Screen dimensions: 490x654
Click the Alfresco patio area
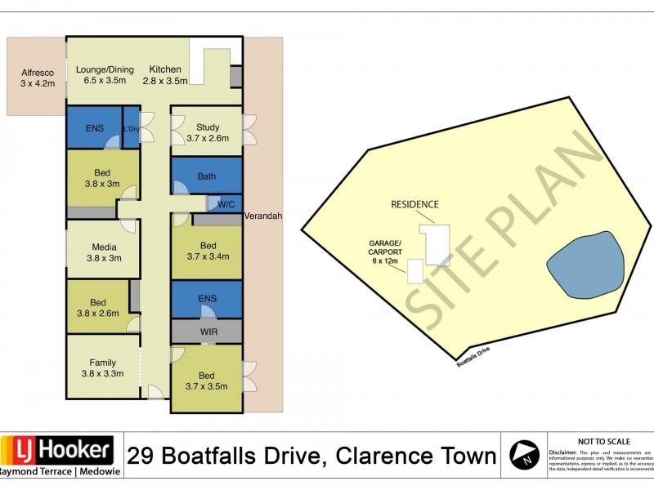click(36, 77)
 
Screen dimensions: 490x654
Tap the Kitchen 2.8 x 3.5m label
click(165, 75)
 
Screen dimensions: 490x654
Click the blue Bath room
click(207, 176)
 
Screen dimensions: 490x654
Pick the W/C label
click(225, 203)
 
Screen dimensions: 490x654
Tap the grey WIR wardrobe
click(207, 332)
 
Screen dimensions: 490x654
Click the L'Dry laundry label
click(131, 129)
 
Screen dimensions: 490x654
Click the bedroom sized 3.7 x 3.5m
click(207, 380)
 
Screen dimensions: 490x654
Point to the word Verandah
click(263, 216)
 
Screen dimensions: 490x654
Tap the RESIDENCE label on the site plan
click(414, 204)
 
